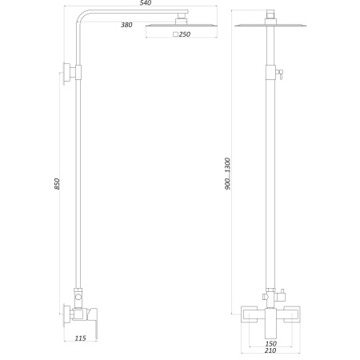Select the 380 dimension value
coord(126,26)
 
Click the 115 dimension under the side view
coord(80,338)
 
